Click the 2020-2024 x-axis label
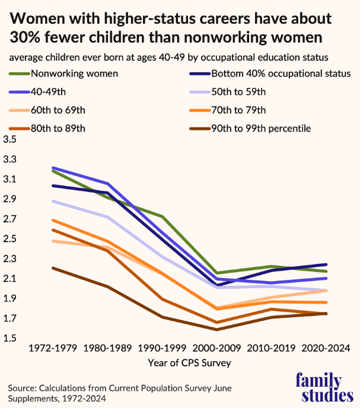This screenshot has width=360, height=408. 326,348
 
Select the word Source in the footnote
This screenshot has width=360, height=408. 22,387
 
